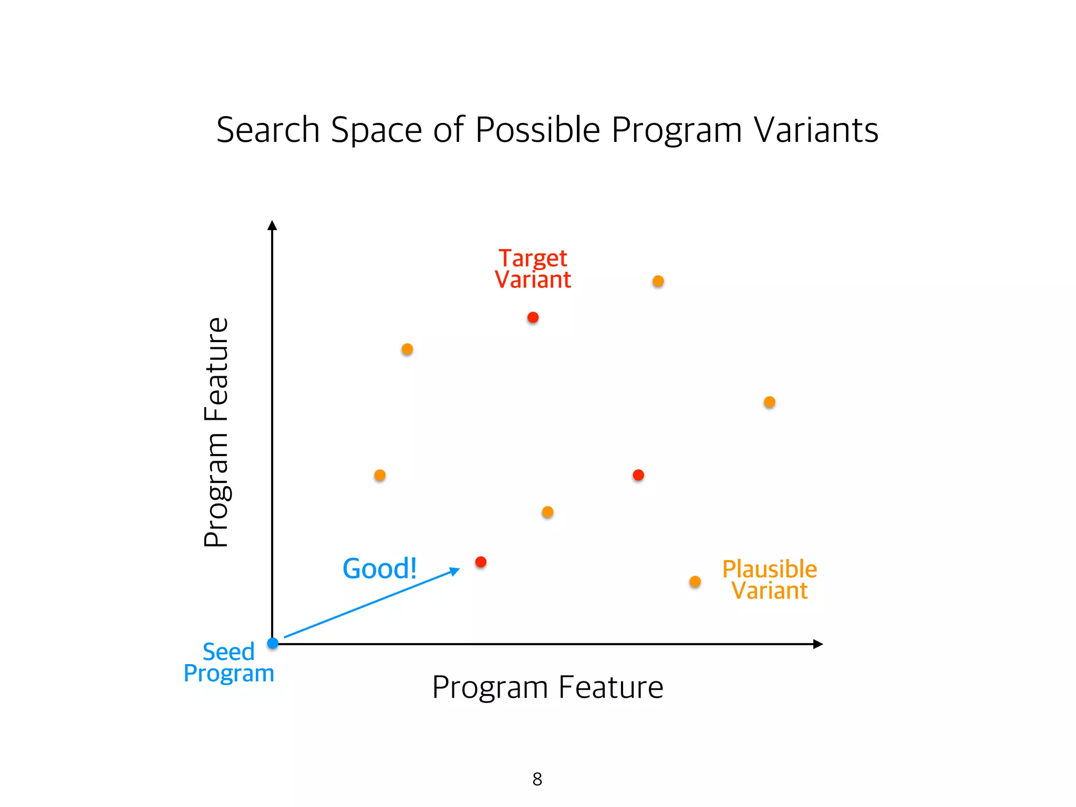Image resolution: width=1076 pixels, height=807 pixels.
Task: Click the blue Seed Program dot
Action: coord(273,643)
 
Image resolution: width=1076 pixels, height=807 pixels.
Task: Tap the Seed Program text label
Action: coord(229,663)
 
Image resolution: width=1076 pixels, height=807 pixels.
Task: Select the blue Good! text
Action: coord(379,568)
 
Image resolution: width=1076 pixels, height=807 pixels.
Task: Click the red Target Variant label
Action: coord(533,269)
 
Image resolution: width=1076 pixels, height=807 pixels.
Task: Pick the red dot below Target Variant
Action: coord(533,317)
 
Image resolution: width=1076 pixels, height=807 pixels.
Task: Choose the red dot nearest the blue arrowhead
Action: coord(481,562)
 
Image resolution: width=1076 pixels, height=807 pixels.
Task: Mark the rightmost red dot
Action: coord(638,475)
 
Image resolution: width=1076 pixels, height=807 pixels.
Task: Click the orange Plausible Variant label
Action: coord(770,580)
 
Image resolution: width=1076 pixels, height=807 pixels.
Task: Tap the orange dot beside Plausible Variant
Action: coord(695,582)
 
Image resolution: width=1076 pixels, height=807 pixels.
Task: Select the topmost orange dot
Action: coord(658,281)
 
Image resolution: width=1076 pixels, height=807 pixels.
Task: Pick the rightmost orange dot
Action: coord(770,402)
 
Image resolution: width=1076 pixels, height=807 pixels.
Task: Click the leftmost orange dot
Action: coord(380,475)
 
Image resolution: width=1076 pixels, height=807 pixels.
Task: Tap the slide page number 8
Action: coord(537,779)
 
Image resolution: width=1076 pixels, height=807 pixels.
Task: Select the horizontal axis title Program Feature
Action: coord(547,687)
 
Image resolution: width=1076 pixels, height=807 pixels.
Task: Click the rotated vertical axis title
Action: coord(216,432)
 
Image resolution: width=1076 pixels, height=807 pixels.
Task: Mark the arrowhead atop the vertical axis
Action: coord(272,225)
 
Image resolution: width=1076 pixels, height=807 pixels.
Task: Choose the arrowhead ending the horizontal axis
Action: coord(818,644)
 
